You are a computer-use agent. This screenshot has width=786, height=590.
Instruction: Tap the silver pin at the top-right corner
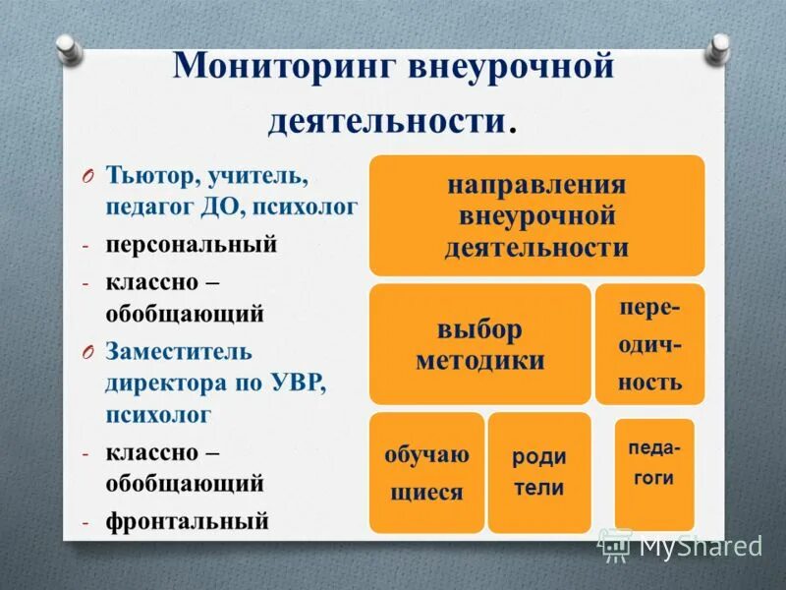720,45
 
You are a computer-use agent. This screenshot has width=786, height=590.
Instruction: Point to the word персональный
192,244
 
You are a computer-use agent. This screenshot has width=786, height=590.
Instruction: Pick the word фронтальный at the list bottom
187,521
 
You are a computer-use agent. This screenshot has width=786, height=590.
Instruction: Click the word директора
165,383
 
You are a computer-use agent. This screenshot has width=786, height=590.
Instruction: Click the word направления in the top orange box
536,185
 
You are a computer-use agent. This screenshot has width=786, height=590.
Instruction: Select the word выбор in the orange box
479,329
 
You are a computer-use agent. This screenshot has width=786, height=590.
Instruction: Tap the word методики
479,361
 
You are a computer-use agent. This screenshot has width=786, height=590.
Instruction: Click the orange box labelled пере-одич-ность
649,344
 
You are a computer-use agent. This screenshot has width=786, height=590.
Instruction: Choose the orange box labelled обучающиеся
426,472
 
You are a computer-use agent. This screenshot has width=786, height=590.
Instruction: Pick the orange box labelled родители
539,472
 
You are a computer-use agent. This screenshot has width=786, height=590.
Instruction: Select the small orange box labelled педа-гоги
653,473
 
